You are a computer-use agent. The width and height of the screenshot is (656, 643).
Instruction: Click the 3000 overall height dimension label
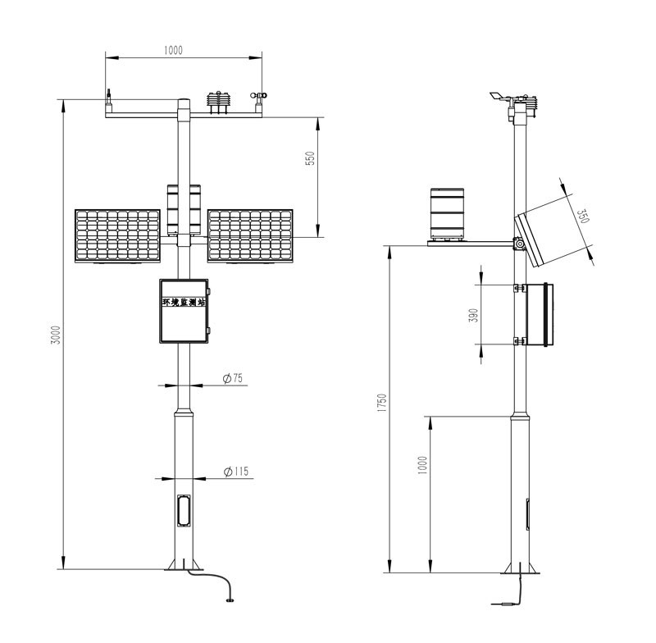pyautogui.click(x=56, y=335)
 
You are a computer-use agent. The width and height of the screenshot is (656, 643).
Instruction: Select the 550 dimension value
pyautogui.click(x=311, y=158)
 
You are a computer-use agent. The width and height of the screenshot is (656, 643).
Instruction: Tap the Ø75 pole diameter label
pyautogui.click(x=233, y=378)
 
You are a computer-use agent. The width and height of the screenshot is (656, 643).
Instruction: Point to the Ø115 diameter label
pyautogui.click(x=236, y=472)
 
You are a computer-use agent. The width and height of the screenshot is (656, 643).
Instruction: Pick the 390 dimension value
pyautogui.click(x=473, y=315)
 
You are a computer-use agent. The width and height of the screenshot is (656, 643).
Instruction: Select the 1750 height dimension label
pyautogui.click(x=381, y=403)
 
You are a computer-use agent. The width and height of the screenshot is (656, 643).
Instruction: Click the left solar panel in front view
pyautogui.click(x=117, y=236)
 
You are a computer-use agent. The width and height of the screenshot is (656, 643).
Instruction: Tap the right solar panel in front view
pyautogui.click(x=251, y=236)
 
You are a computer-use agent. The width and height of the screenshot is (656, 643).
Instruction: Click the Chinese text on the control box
pyautogui.click(x=184, y=302)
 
